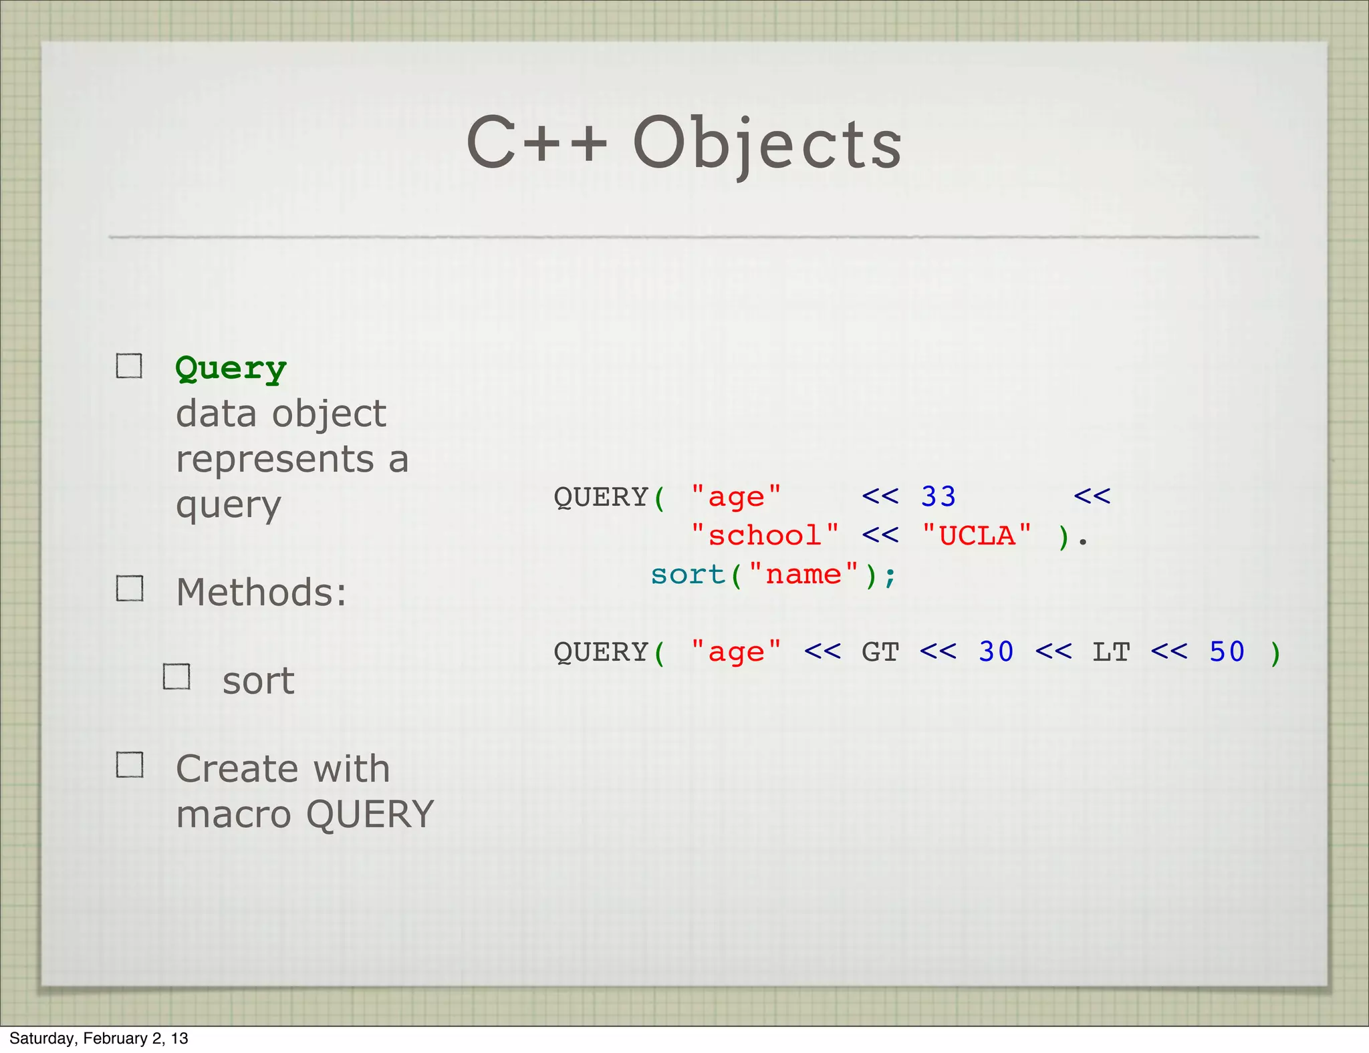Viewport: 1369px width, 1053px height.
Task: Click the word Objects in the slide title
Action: pyautogui.click(x=767, y=144)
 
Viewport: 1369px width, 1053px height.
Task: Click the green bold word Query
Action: pyautogui.click(x=231, y=368)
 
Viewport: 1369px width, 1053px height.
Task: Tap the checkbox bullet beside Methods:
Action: pyautogui.click(x=130, y=589)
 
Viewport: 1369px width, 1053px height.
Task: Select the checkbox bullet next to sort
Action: pyautogui.click(x=177, y=677)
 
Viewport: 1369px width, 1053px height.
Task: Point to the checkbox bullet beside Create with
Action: pyautogui.click(x=130, y=765)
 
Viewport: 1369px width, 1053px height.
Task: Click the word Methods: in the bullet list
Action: pyautogui.click(x=261, y=593)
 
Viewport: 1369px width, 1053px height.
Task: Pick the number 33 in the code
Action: pyautogui.click(x=938, y=497)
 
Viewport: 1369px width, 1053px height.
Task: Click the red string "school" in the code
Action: pyautogui.click(x=765, y=536)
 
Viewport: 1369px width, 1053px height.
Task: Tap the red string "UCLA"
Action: pyautogui.click(x=977, y=536)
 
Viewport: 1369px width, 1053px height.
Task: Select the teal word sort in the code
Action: pyautogui.click(x=688, y=575)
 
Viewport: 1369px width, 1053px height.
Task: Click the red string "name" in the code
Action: pyautogui.click(x=803, y=575)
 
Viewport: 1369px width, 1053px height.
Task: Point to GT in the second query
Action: pyautogui.click(x=880, y=652)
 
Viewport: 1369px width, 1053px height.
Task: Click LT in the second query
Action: pyautogui.click(x=1111, y=652)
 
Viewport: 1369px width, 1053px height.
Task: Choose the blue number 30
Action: pyautogui.click(x=996, y=652)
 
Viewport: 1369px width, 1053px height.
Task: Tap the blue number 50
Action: pyautogui.click(x=1227, y=652)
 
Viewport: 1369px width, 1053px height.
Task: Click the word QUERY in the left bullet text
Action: pyautogui.click(x=370, y=814)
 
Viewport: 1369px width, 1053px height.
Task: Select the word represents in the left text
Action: pyautogui.click(x=275, y=460)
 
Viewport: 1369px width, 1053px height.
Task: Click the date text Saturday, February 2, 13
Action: pyautogui.click(x=99, y=1038)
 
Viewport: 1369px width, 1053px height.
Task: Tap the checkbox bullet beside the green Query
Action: pyautogui.click(x=129, y=366)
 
